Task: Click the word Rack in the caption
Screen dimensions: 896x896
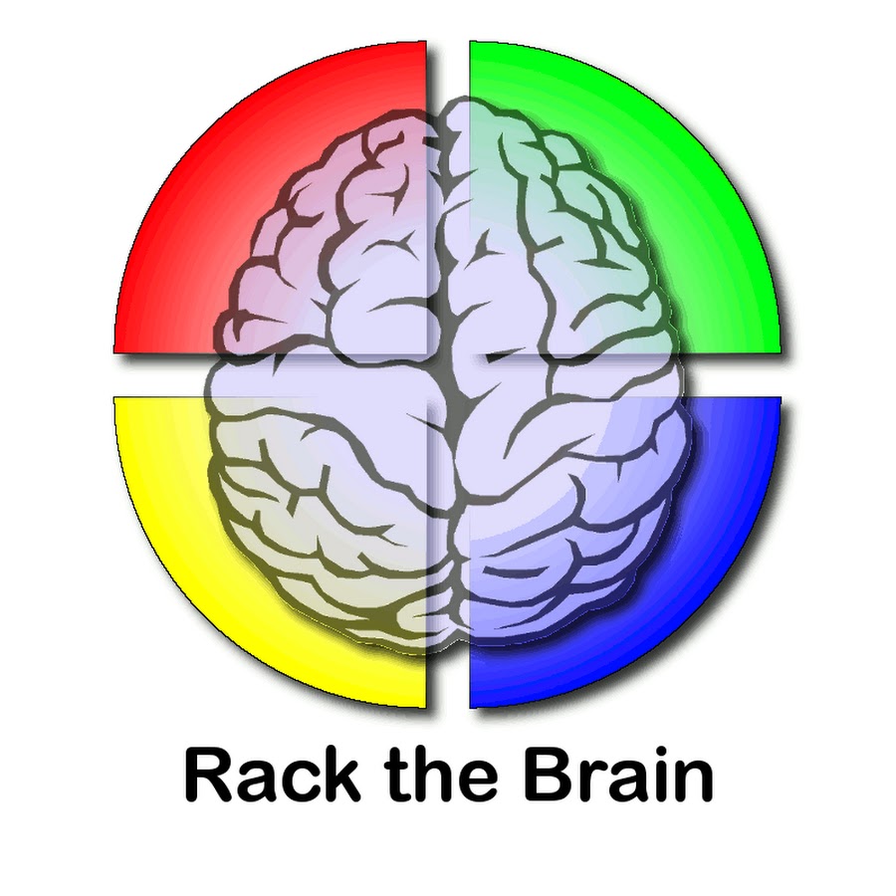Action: [x=273, y=774]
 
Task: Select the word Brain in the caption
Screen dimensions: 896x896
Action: [x=618, y=774]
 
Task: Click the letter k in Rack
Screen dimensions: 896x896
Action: [x=340, y=774]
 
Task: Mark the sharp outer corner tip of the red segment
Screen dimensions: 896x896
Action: [x=114, y=352]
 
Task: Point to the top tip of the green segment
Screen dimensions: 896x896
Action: [x=470, y=42]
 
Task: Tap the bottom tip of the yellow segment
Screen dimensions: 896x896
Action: [x=425, y=708]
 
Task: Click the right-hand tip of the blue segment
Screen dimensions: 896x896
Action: [x=780, y=398]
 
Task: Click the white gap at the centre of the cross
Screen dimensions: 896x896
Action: [x=448, y=375]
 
